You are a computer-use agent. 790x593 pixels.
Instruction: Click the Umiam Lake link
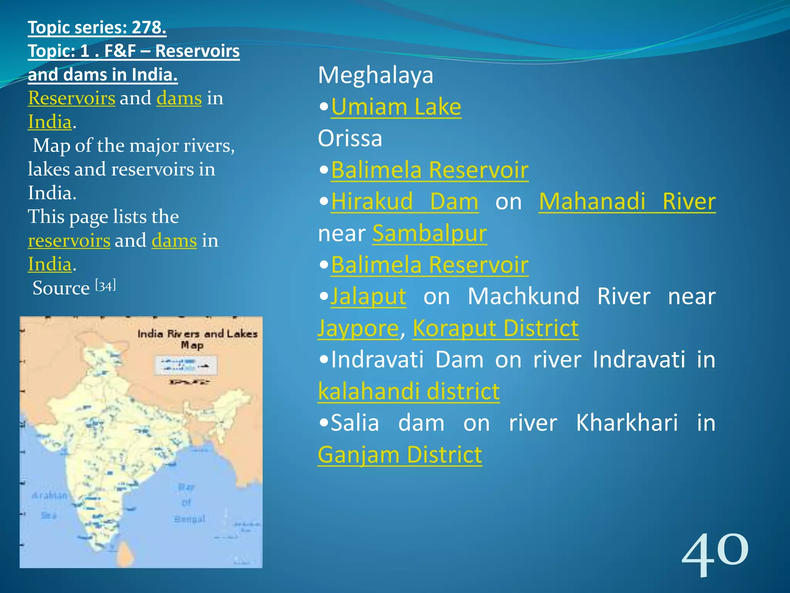396,107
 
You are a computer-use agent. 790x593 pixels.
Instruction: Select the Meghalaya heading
375,75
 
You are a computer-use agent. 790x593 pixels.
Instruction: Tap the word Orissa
350,138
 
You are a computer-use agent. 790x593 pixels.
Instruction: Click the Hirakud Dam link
405,202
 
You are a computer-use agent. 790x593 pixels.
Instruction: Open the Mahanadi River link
627,202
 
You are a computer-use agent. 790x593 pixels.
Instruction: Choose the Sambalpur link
429,233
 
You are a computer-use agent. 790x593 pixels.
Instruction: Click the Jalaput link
368,296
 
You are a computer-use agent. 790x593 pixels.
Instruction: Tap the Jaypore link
358,328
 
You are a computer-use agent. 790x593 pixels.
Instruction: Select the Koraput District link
495,328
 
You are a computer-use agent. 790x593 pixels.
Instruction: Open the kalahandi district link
409,391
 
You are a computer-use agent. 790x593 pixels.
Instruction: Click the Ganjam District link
400,455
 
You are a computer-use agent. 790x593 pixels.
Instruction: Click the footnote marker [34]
105,286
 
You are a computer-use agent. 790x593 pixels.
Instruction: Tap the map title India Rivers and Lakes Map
197,338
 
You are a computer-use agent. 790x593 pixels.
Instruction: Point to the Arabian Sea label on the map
49,504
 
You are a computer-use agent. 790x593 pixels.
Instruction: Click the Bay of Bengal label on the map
188,503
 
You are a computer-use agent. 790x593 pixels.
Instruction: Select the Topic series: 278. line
97,27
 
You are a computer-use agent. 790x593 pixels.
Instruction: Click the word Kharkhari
626,423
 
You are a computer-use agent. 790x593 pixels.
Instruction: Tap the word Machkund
523,296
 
